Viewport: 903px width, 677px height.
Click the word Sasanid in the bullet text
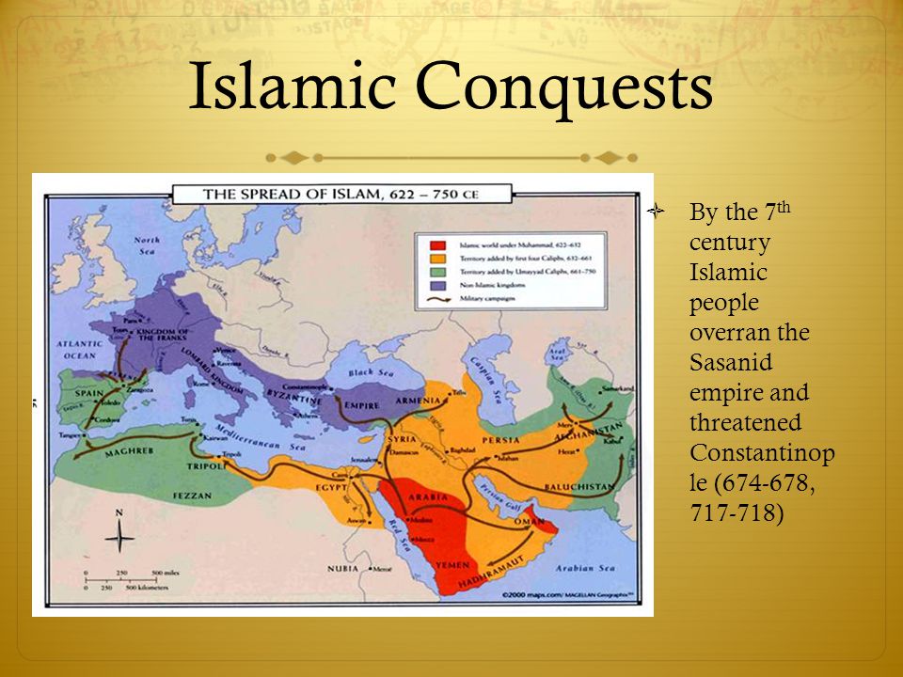click(x=726, y=362)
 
